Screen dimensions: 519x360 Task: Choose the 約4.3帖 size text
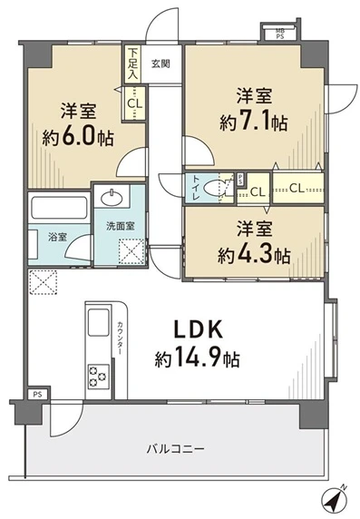(254, 254)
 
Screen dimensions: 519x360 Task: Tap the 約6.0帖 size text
(80, 139)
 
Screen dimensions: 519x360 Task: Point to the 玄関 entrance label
(161, 64)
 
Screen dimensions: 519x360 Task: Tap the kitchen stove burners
(96, 372)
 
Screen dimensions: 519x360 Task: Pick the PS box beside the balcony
(37, 395)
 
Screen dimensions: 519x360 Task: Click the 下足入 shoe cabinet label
(134, 64)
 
